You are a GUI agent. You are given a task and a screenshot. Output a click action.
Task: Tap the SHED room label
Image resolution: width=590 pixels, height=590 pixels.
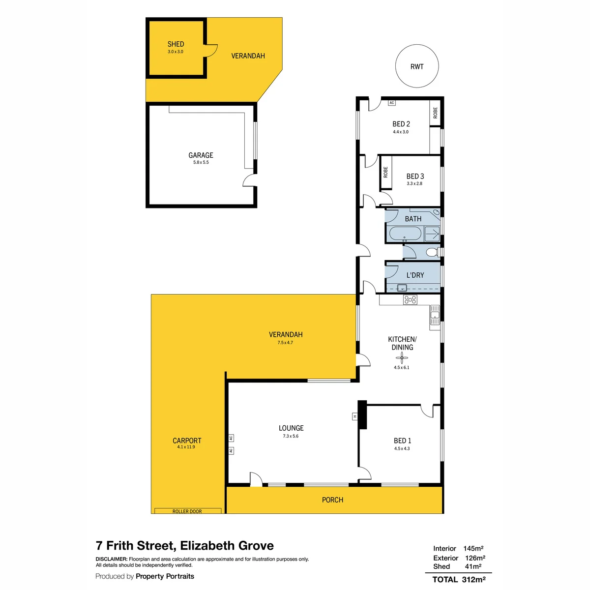coord(176,44)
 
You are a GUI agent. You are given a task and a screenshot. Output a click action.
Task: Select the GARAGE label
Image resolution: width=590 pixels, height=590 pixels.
coord(201,155)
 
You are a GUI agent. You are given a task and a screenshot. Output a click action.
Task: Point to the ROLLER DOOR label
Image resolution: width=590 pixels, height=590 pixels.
coord(187,512)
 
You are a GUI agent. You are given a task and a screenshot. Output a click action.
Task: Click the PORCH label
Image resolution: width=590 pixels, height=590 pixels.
coord(332,500)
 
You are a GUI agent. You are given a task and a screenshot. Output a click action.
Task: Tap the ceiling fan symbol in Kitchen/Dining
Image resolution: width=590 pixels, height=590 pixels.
coord(402,357)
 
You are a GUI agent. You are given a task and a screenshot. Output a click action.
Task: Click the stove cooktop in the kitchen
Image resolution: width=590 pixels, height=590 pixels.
coord(410,300)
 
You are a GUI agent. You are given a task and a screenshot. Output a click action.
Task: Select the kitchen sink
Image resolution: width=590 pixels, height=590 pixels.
coord(435,315)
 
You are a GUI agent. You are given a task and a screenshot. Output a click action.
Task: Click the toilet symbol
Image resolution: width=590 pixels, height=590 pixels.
coord(432,252)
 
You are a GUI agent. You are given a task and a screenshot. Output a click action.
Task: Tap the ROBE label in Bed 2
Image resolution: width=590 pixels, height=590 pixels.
coord(435,113)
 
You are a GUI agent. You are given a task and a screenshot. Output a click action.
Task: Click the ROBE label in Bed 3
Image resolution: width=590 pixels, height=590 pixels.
coord(385,172)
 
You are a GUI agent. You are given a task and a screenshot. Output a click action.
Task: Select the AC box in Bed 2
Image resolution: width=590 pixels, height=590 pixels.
coord(391,103)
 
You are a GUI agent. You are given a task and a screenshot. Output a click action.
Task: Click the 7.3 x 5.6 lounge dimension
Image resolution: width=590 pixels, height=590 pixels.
coord(291,436)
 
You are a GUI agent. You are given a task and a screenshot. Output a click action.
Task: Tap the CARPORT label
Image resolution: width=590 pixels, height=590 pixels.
coord(187,441)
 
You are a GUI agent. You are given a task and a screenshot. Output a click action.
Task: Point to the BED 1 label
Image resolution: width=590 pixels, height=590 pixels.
coord(402,441)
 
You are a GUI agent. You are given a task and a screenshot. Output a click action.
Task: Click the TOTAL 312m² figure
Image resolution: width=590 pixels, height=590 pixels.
coord(459,579)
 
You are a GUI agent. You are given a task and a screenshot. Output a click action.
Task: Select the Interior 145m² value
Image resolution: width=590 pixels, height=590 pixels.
coord(473,548)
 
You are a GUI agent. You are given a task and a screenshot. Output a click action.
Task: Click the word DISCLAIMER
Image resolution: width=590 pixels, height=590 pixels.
coord(112,559)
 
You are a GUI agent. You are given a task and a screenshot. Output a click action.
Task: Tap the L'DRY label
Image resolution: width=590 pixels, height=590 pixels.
coord(415,275)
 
